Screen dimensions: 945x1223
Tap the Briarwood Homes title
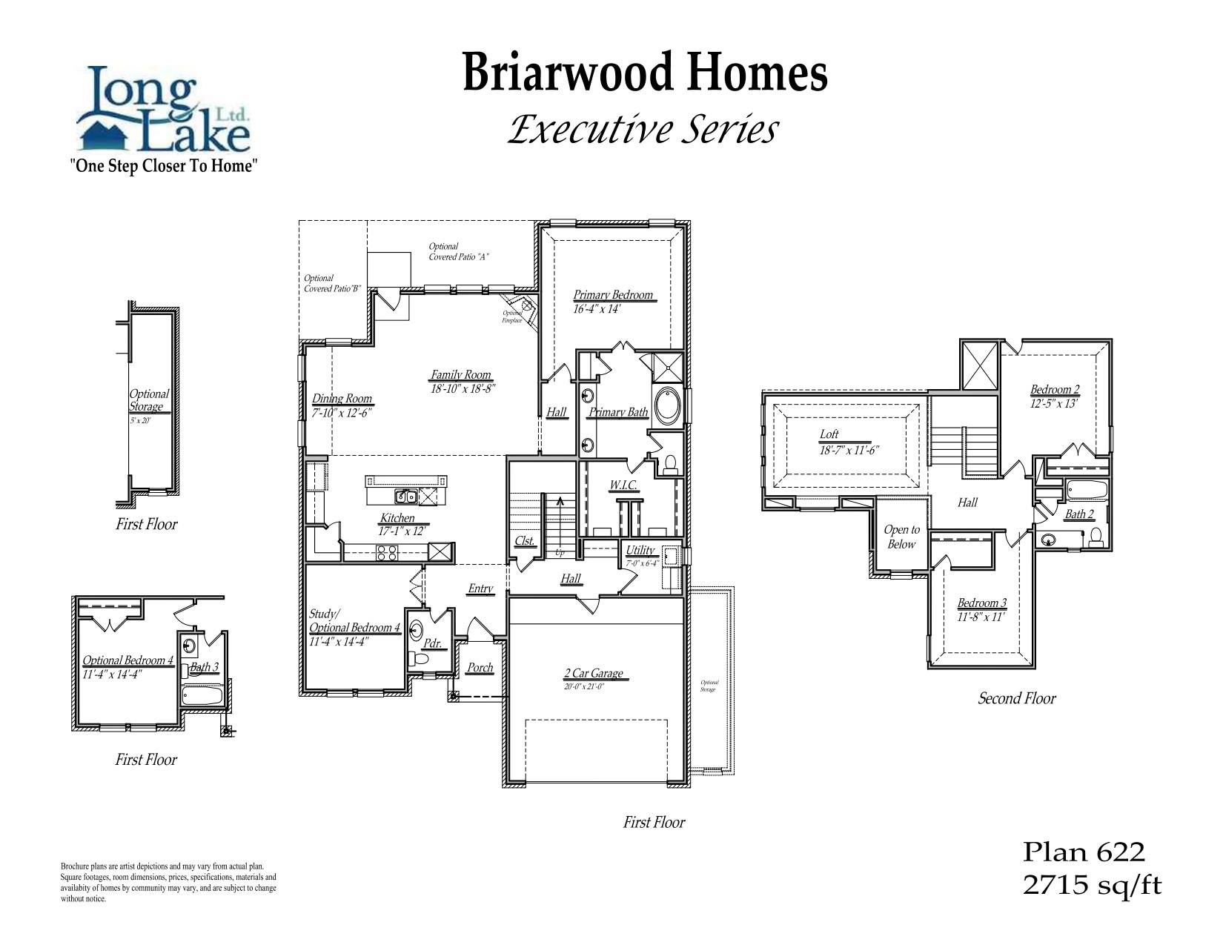click(x=644, y=73)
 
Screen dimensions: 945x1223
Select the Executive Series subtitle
click(x=643, y=130)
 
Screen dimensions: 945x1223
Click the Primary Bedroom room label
click(x=613, y=295)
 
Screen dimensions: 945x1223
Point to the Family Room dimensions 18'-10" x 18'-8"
click(x=463, y=388)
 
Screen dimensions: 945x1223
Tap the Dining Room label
click(x=342, y=399)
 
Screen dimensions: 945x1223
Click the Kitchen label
click(x=398, y=518)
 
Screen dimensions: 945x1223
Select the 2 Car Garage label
click(x=593, y=674)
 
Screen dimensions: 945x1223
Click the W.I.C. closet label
click(x=623, y=485)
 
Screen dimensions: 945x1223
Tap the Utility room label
click(x=640, y=550)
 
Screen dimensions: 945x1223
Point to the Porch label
click(x=480, y=668)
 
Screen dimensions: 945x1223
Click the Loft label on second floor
click(x=829, y=434)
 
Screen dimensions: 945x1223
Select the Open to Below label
click(x=901, y=537)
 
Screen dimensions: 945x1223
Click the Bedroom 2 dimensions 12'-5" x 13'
click(x=1053, y=404)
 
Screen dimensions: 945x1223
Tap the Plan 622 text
click(x=1084, y=852)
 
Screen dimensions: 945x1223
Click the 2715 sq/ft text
click(x=1092, y=886)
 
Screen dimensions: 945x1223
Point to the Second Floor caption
click(x=1016, y=698)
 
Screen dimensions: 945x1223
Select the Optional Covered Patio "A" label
click(x=459, y=252)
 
